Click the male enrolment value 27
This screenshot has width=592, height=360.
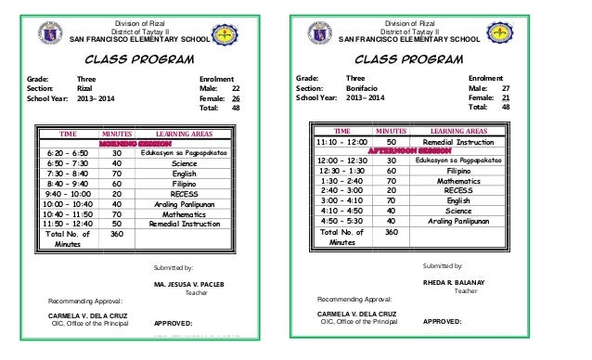(506, 88)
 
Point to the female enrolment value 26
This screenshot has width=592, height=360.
(236, 98)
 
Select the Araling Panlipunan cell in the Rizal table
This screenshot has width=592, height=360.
(187, 206)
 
